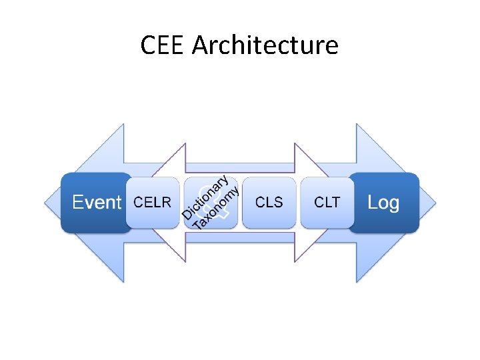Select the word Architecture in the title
(265, 45)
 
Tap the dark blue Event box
(95, 203)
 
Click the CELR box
(153, 203)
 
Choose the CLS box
(269, 203)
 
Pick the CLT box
(327, 203)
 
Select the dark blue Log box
(384, 203)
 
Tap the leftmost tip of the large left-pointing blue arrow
(45, 203)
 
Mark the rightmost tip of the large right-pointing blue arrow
(435, 203)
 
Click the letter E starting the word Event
(77, 203)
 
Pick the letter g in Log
(393, 204)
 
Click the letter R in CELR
(166, 203)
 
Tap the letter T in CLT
(335, 203)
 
